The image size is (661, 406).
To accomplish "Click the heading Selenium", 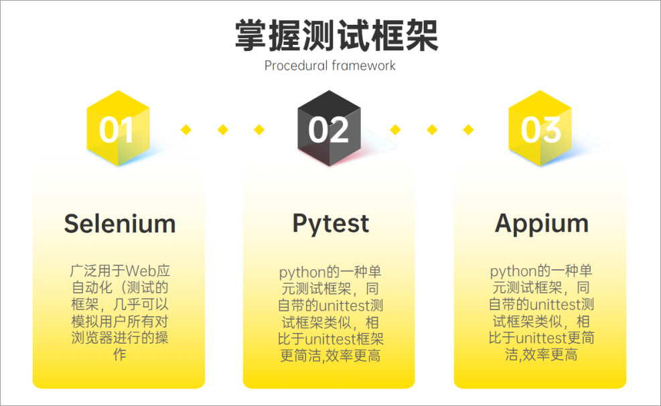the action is (120, 224).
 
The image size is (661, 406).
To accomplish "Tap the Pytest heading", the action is (331, 224).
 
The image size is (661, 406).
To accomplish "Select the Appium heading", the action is (542, 224).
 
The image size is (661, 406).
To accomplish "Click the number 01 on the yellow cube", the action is (117, 130).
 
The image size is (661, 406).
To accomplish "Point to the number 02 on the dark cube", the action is (328, 130).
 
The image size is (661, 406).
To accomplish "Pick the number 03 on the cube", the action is (541, 130).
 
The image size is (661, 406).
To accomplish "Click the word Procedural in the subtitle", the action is (296, 66).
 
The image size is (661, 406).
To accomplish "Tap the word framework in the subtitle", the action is (364, 66).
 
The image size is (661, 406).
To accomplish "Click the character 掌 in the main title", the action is (252, 36).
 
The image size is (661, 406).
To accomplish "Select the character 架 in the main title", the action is (422, 36).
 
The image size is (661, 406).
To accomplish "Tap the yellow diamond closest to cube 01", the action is (186, 129).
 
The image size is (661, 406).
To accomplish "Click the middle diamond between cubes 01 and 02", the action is (223, 129).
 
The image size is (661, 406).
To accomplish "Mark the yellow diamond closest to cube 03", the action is (468, 129).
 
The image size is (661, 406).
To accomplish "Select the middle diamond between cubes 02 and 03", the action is (432, 129).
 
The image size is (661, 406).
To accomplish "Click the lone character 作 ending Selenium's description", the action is (120, 354).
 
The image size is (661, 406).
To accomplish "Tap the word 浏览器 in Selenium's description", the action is (92, 338).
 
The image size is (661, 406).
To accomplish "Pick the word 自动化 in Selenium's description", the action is (92, 287).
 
